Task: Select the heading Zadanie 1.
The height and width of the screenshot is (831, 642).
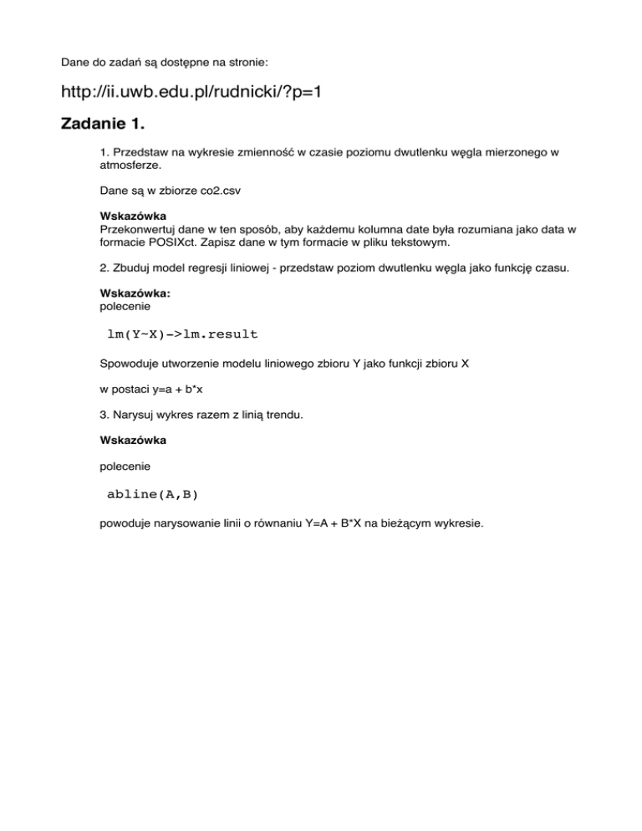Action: point(103,125)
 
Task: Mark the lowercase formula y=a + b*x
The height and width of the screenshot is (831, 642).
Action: point(180,390)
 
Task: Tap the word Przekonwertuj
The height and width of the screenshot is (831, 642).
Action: point(140,227)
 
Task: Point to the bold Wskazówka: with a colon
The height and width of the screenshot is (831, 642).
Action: point(130,294)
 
